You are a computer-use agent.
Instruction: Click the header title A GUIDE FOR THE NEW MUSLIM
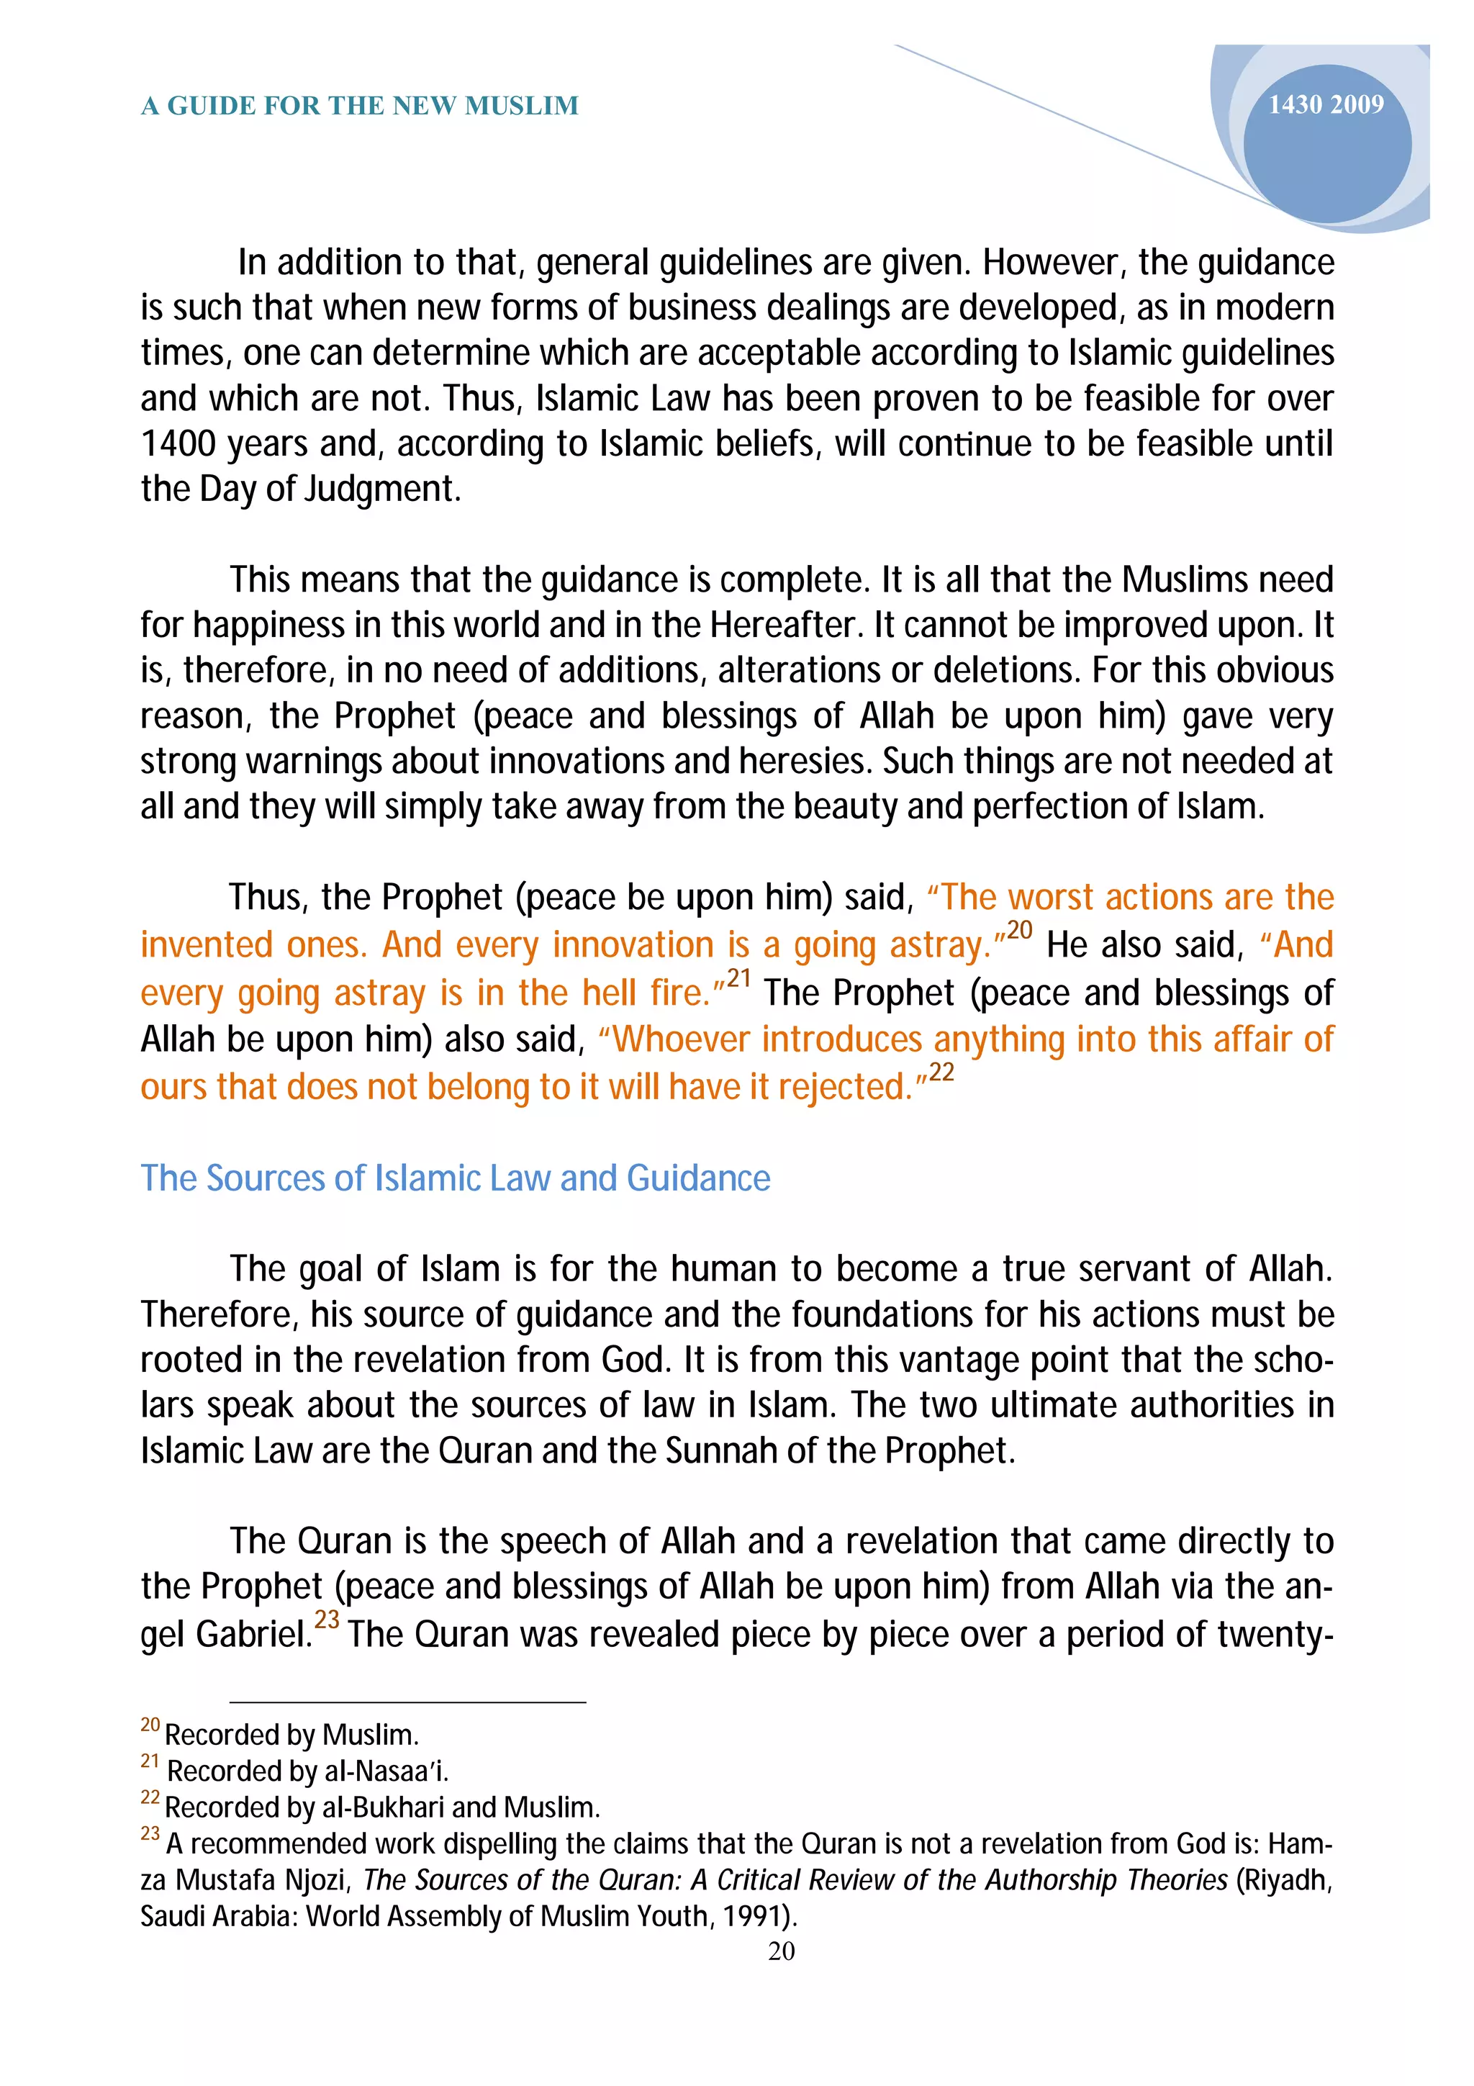click(x=360, y=107)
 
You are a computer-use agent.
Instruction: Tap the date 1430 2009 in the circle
click(x=1325, y=105)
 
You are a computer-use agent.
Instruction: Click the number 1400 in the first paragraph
click(x=178, y=444)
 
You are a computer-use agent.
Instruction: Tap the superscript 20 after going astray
click(x=1019, y=930)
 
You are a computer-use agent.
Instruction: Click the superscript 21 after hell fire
click(x=738, y=978)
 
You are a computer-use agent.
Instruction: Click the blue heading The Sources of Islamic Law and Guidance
click(x=455, y=1178)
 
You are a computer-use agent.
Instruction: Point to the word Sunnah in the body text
click(x=721, y=1451)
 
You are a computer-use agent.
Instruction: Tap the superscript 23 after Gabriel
click(x=327, y=1620)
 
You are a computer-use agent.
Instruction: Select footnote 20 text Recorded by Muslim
click(x=291, y=1735)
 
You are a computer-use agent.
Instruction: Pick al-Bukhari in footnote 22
click(x=381, y=1807)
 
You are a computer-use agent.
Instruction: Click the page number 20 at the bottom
click(x=781, y=1951)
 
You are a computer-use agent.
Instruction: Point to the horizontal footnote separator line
click(x=408, y=1702)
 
